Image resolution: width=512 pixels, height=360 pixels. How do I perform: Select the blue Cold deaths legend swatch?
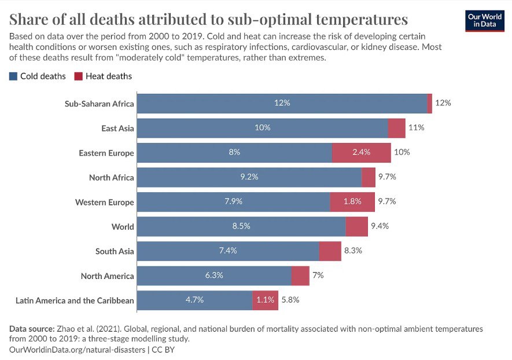(13, 76)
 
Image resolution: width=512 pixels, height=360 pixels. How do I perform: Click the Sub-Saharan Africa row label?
(100, 104)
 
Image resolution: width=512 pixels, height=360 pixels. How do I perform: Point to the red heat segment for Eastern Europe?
(362, 153)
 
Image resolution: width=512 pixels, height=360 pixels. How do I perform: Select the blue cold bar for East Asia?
(263, 128)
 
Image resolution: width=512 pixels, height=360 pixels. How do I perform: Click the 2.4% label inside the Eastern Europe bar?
(362, 153)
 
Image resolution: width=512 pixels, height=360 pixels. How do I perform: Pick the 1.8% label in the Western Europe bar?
(352, 202)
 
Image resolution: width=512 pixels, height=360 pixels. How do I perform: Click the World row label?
(123, 227)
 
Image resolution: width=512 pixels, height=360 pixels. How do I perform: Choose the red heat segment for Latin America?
(265, 300)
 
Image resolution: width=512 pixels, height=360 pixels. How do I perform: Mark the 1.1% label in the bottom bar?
(265, 300)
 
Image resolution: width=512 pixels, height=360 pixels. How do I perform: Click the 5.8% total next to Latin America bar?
(290, 300)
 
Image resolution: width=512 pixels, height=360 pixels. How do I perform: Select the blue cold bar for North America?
(214, 275)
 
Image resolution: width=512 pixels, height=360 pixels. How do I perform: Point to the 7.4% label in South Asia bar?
(227, 251)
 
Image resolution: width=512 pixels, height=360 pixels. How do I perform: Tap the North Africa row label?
(112, 178)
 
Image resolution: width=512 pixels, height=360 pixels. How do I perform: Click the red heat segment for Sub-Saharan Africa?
(430, 104)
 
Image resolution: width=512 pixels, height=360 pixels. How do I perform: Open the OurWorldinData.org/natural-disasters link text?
(76, 350)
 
